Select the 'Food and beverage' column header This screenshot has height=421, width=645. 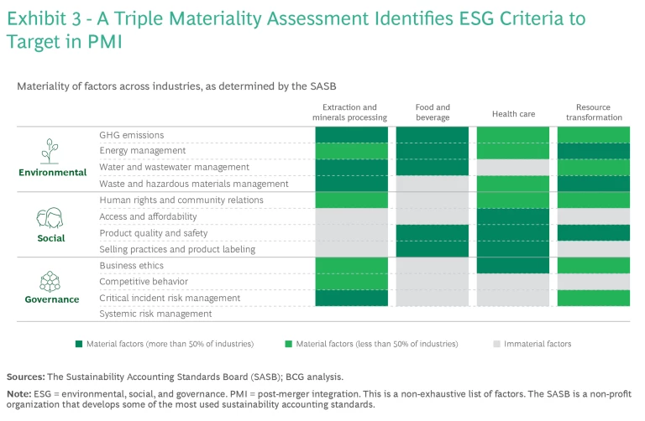point(433,112)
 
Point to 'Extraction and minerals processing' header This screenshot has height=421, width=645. point(351,112)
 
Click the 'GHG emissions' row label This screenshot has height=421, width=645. point(131,135)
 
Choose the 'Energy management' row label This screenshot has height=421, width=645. point(142,151)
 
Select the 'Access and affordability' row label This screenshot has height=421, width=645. point(148,216)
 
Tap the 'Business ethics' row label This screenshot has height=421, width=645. point(131,265)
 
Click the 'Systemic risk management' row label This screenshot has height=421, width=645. point(155,314)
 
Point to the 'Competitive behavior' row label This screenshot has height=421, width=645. point(144,282)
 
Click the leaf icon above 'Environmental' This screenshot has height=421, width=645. point(52,150)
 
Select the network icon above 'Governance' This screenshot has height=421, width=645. point(52,280)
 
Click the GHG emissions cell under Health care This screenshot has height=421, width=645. point(513,135)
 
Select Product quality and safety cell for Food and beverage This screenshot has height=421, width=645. point(433,233)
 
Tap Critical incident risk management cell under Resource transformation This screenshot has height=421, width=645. point(594,298)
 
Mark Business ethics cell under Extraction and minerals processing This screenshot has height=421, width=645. point(351,265)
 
